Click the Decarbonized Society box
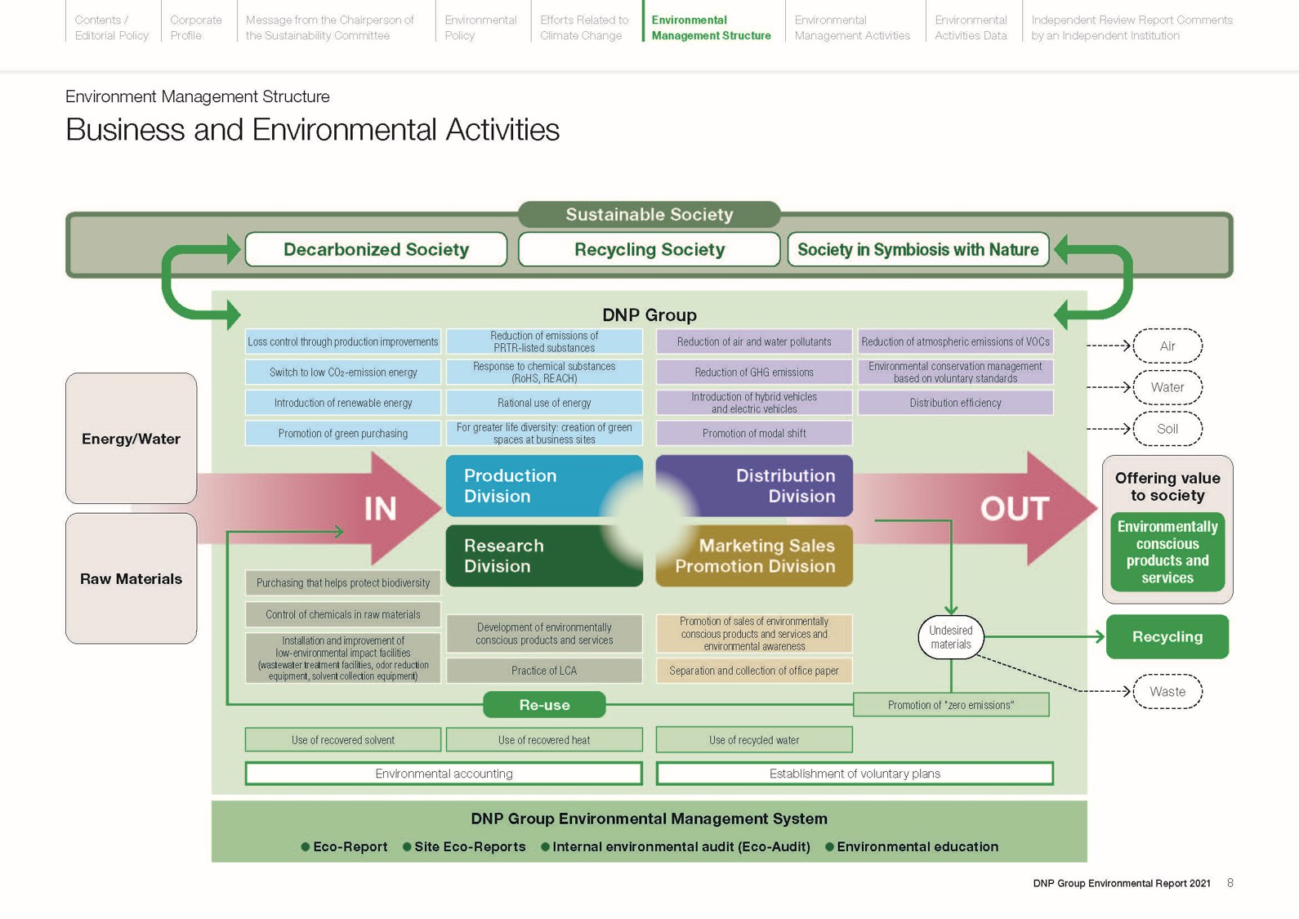376,249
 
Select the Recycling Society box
649,249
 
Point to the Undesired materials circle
950,637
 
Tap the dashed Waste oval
1167,692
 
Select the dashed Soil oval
1167,429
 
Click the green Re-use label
544,705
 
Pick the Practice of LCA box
544,671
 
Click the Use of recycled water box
753,740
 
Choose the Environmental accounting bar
444,774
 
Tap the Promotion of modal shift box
753,434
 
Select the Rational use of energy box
544,403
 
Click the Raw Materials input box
131,578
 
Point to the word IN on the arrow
380,509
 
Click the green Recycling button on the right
1167,637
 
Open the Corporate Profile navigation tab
195,28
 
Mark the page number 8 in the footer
1230,883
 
